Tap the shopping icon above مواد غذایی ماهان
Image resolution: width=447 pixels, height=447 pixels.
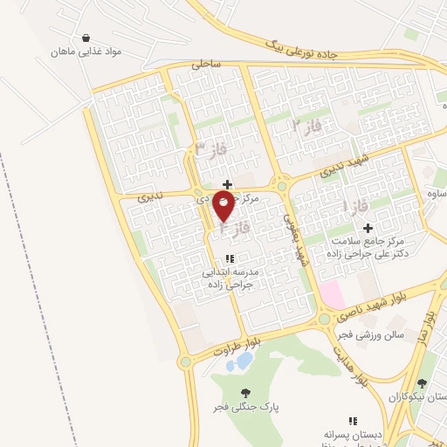[86, 38]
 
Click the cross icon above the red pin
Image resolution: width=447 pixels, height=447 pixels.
[228, 184]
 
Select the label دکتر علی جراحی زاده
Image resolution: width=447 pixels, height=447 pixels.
[379, 253]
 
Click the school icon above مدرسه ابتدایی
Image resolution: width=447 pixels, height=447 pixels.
[230, 258]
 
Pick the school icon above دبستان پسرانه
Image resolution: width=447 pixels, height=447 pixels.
[354, 421]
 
